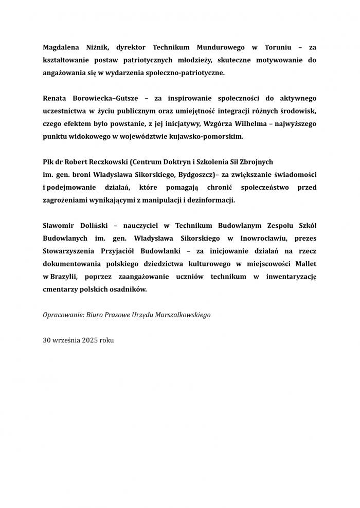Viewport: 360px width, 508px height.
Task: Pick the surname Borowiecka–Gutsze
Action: [102, 98]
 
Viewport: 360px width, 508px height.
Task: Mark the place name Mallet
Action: [305, 264]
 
